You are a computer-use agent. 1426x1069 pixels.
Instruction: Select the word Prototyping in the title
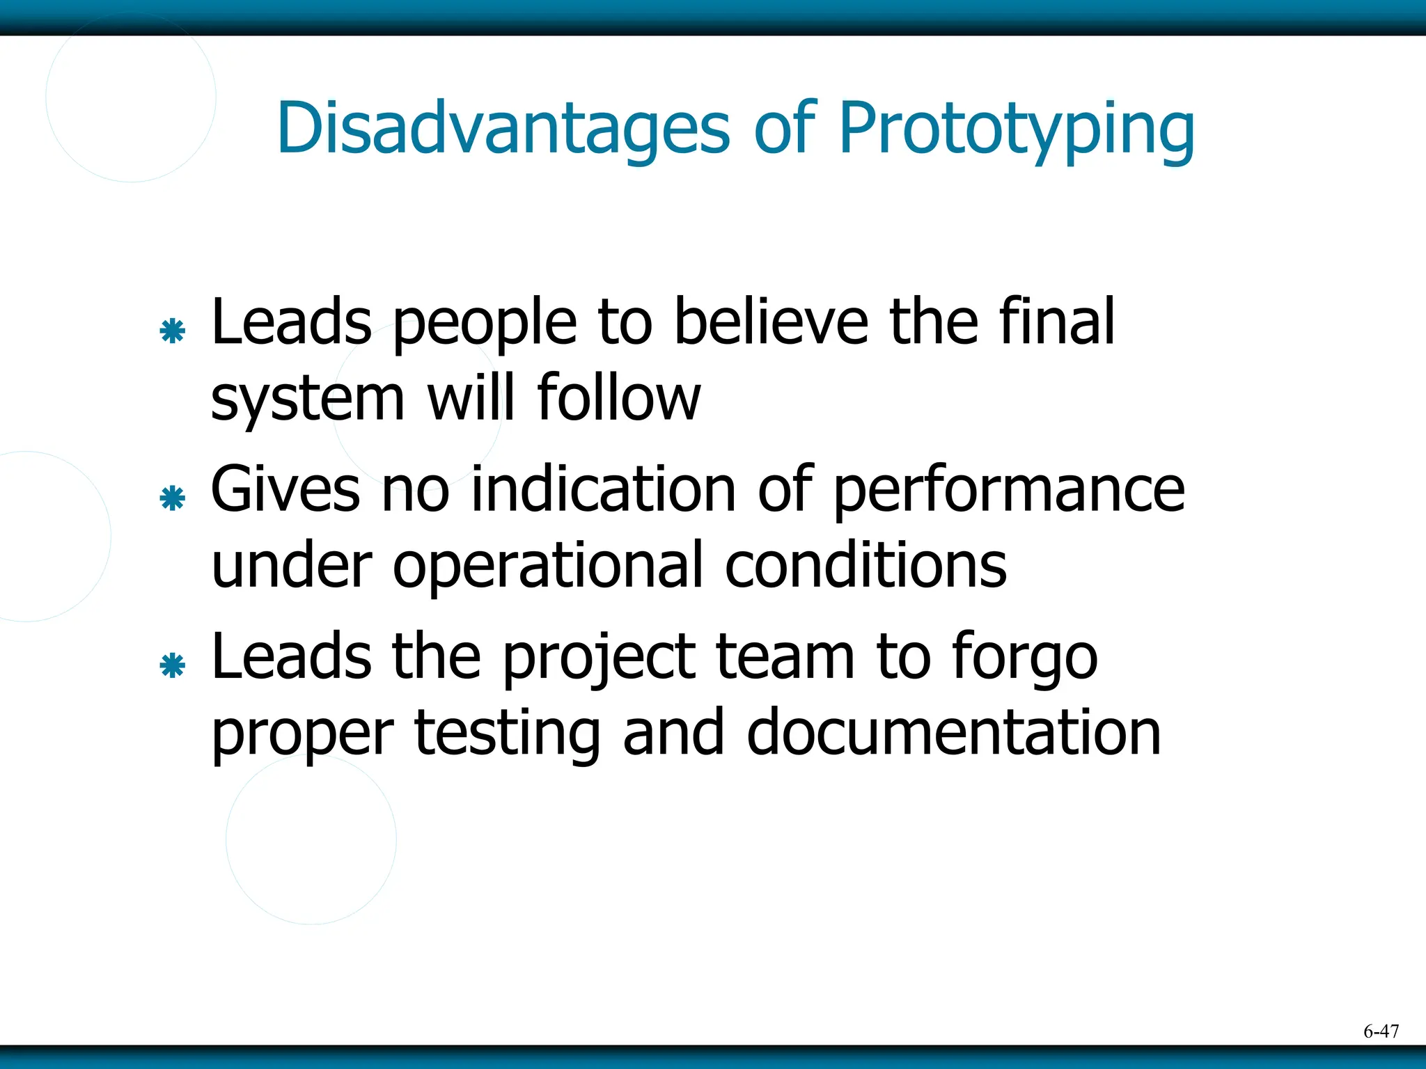tap(1017, 129)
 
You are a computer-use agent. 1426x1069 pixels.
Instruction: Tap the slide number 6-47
tap(1381, 1031)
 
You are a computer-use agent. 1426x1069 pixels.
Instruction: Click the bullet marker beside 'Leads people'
tap(172, 331)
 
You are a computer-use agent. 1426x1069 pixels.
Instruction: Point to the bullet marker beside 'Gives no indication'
tap(172, 498)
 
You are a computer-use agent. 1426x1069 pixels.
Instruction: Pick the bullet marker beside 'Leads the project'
tap(172, 666)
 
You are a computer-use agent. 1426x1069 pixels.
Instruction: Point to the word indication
tap(603, 489)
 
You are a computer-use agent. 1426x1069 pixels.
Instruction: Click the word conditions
tap(865, 565)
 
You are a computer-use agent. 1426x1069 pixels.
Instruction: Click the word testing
tap(507, 735)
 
